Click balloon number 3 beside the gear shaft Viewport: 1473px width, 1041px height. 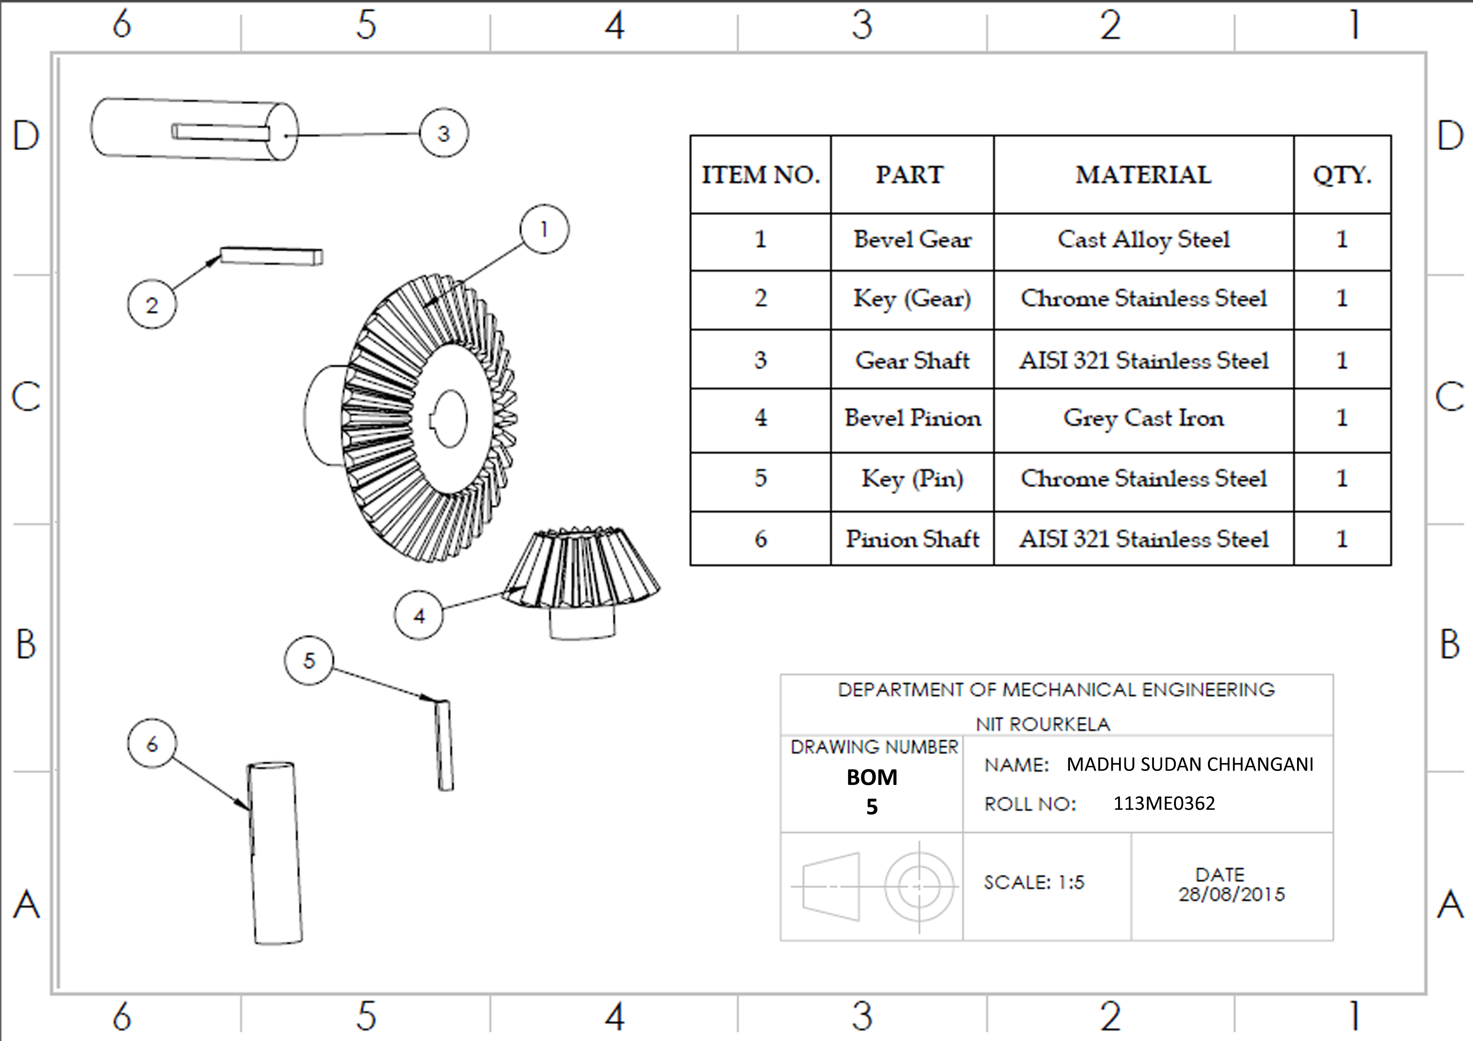444,133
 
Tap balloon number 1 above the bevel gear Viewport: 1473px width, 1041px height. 545,229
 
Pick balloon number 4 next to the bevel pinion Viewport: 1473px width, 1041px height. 419,616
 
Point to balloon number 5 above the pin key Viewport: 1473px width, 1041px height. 309,660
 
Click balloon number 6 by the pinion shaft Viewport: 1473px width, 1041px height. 152,744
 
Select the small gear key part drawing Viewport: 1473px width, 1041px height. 271,256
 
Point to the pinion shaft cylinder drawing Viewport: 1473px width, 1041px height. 275,853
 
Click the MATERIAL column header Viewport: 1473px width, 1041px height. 1144,175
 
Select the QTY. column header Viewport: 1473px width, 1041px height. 1342,175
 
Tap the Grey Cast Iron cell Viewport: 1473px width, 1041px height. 1144,418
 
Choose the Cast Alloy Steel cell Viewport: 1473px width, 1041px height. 1144,240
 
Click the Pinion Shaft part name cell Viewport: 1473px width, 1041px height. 912,539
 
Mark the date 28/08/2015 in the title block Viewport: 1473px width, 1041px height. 1232,894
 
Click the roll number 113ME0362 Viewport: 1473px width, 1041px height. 1164,803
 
